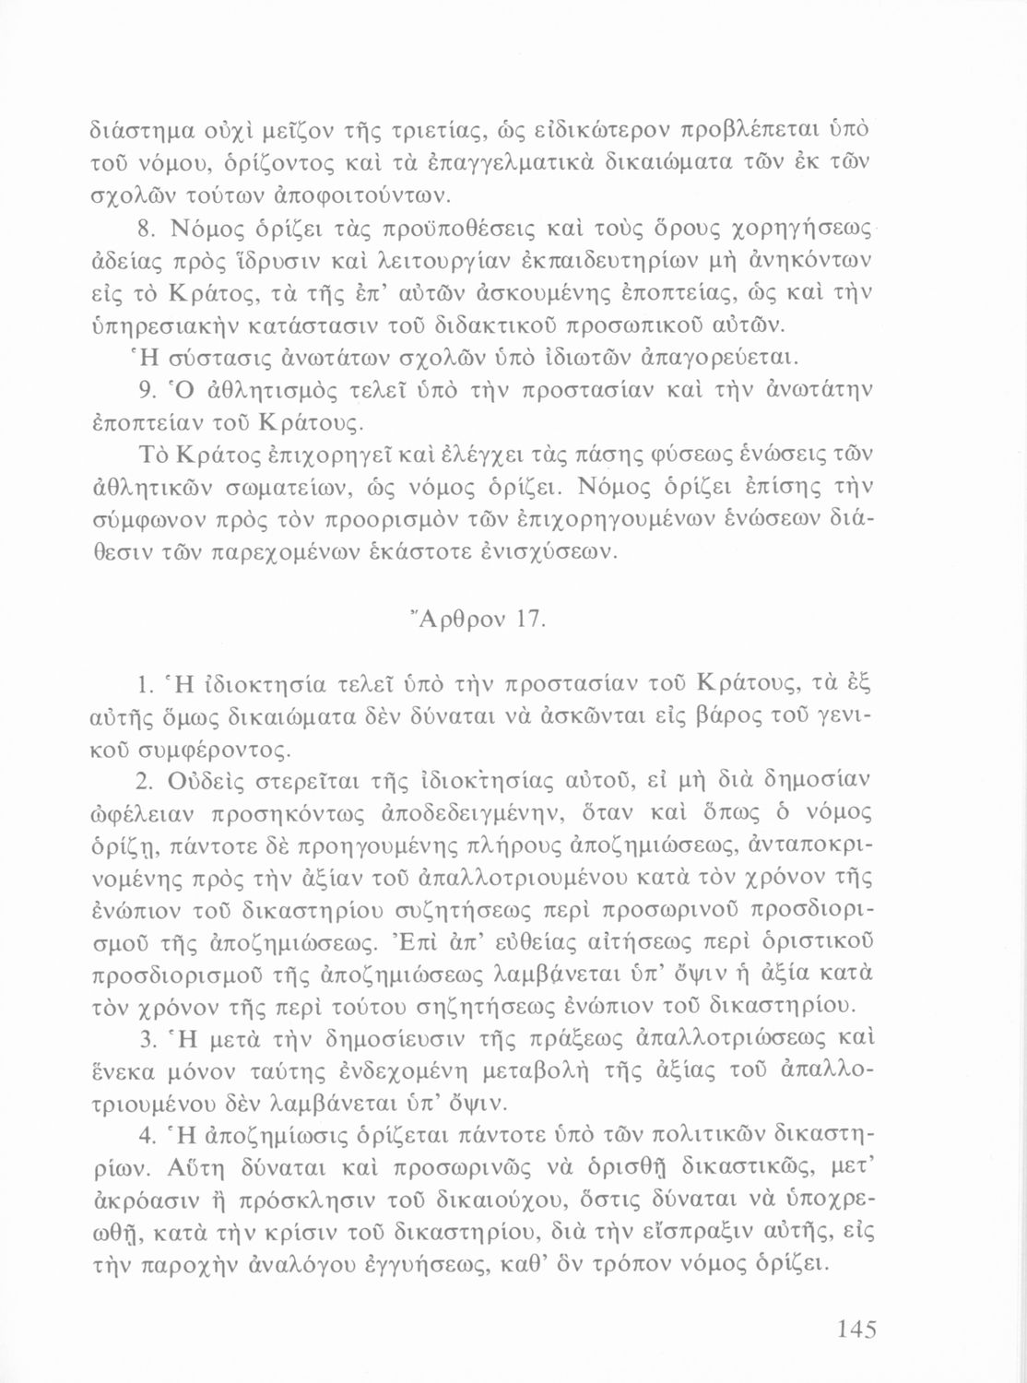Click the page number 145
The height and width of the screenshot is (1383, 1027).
[x=856, y=1330]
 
